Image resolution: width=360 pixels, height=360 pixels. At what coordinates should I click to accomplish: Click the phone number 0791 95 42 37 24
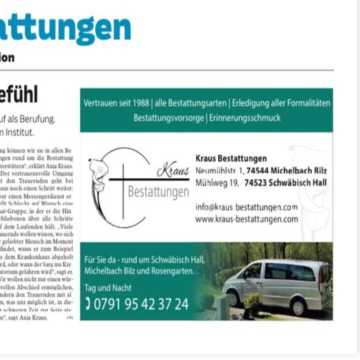click(142, 303)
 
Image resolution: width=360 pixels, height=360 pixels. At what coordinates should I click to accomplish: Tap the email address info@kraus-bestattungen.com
click(246, 207)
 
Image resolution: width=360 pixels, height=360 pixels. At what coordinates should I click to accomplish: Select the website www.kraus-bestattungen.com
click(246, 219)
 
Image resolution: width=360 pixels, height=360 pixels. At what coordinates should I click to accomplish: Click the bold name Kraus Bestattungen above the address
click(231, 159)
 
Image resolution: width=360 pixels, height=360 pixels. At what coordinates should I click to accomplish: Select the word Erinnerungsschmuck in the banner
click(244, 118)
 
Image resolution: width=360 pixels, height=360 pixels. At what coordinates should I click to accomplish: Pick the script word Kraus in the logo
click(173, 171)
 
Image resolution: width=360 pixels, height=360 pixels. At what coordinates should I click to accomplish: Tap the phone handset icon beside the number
click(88, 303)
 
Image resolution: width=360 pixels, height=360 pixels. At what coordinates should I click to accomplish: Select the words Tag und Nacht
click(108, 288)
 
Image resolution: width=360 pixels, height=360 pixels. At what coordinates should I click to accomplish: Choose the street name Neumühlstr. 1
click(219, 171)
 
